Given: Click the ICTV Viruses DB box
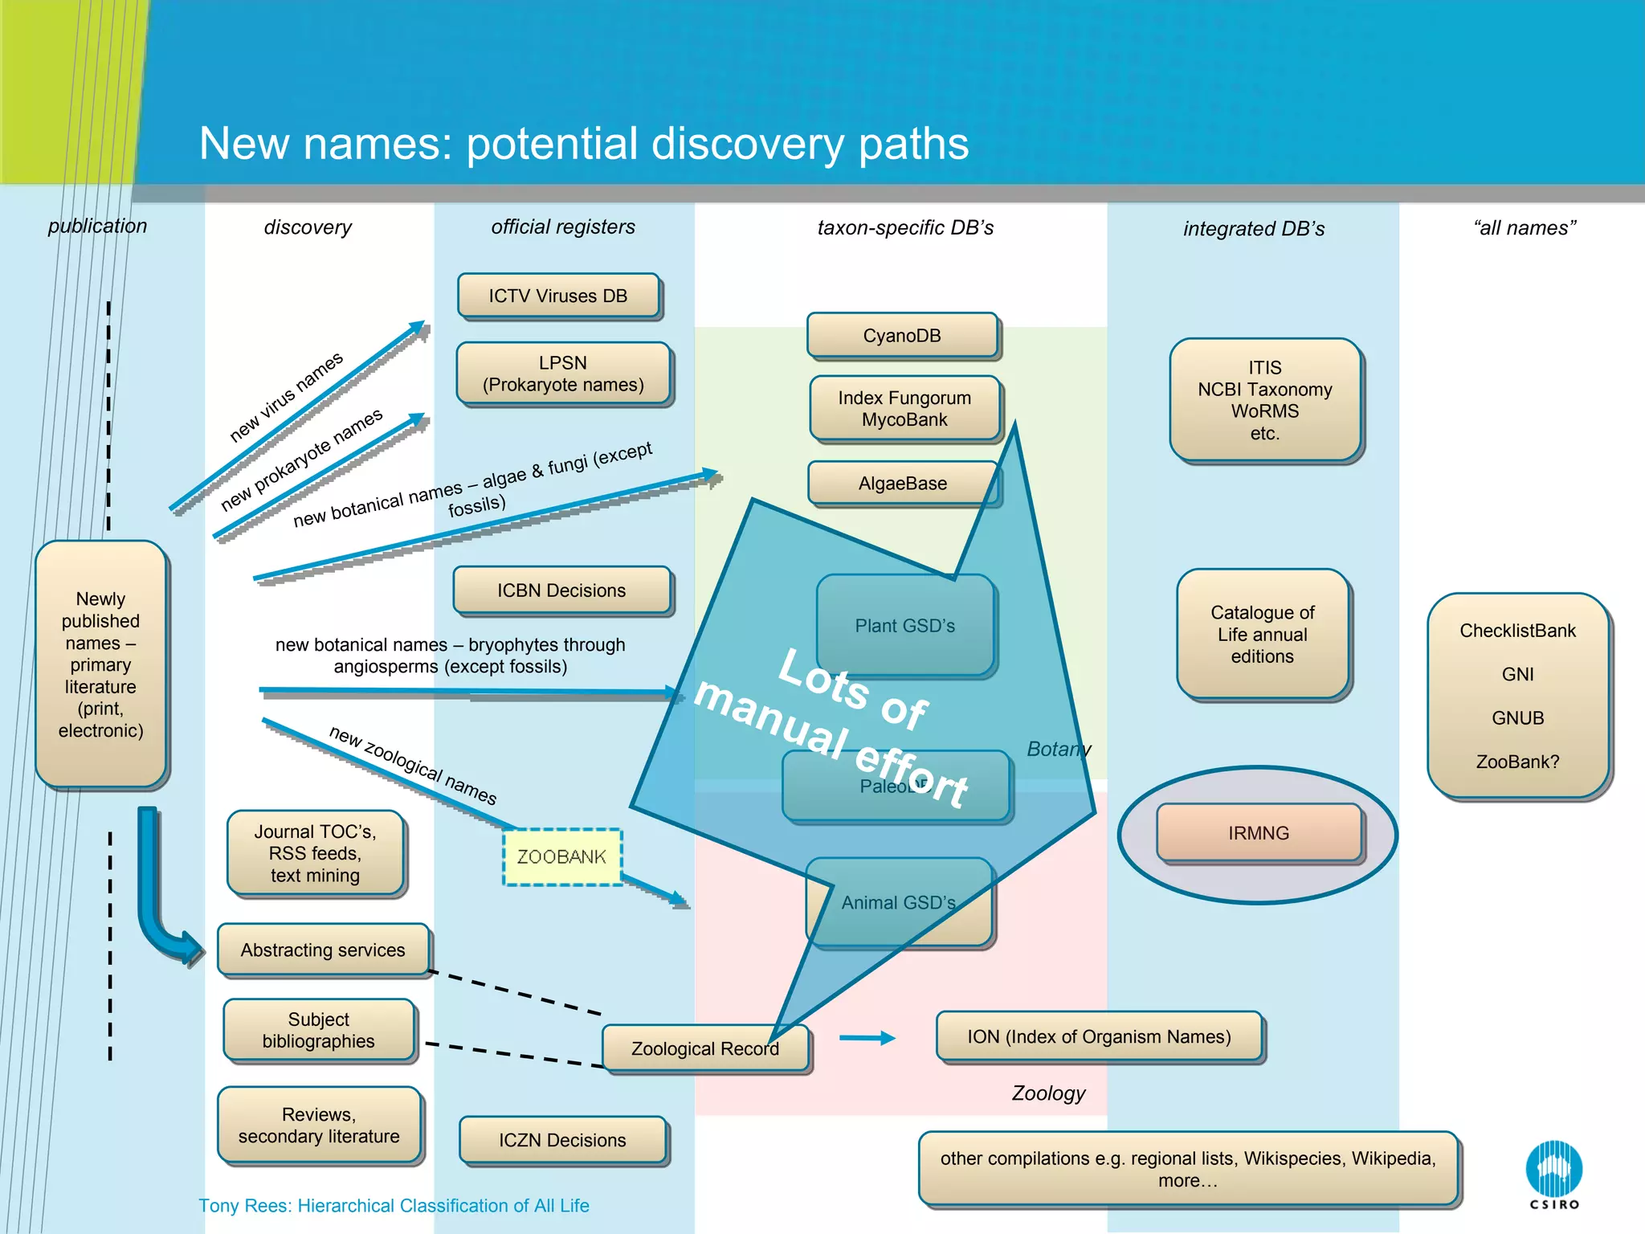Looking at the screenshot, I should (x=558, y=296).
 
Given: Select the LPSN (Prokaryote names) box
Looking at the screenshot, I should (x=563, y=374).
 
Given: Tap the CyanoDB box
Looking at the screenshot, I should (x=902, y=335).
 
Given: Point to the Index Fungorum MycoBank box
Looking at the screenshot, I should (x=904, y=408).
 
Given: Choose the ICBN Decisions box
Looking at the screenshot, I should (x=561, y=590).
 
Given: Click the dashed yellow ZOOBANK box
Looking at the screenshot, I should (x=561, y=856).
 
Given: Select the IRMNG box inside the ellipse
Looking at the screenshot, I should (x=1259, y=833).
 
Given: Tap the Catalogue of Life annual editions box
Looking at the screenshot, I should (x=1263, y=634).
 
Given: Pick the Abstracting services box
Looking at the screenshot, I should (x=323, y=950).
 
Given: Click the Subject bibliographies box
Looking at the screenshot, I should (x=319, y=1030).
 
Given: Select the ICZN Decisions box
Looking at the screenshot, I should (x=562, y=1140).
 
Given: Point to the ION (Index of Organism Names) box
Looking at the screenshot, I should (x=1099, y=1036).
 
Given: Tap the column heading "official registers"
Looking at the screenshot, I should (x=563, y=227).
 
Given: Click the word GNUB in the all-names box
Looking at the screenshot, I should (x=1517, y=717).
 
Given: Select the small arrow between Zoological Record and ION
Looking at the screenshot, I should (x=867, y=1038).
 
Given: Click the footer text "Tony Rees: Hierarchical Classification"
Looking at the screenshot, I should (x=394, y=1205).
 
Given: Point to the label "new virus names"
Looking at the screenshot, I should (x=286, y=396).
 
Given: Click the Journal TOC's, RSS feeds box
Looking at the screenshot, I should (x=315, y=853).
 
